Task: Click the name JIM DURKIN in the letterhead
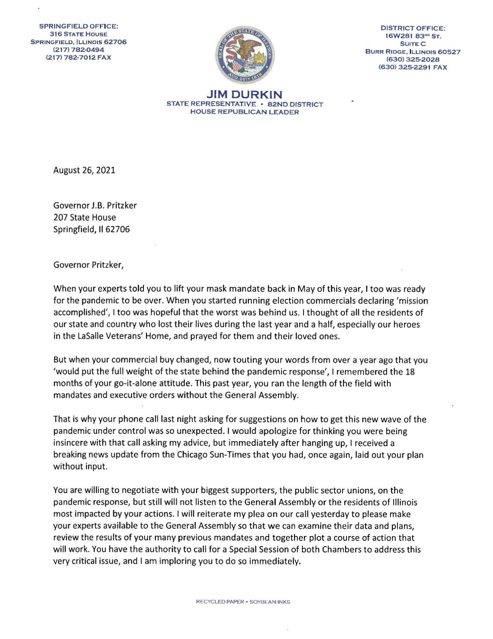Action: pos(244,95)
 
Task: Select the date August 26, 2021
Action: pos(84,170)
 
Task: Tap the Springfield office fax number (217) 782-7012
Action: pos(78,58)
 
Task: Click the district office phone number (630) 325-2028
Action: pos(413,59)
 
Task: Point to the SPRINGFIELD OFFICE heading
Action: pos(78,27)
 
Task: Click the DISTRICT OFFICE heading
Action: pos(413,28)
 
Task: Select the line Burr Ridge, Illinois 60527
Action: pos(413,51)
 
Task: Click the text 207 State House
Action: pos(85,217)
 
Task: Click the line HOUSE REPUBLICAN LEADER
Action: pos(244,112)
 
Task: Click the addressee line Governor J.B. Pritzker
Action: pos(95,206)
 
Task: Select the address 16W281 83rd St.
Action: pos(413,36)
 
